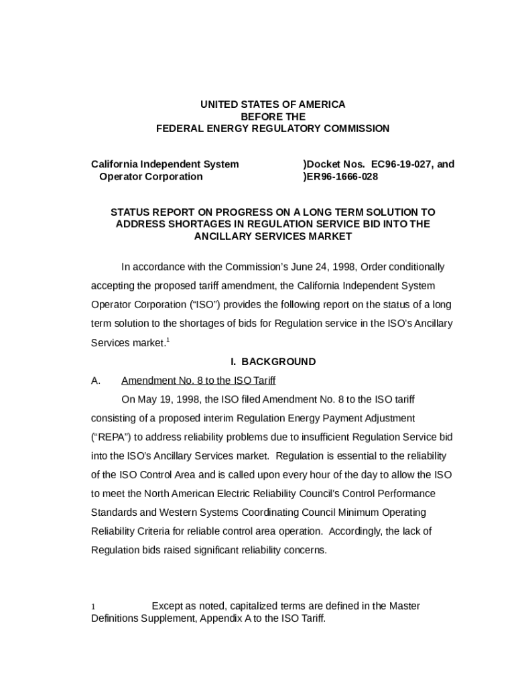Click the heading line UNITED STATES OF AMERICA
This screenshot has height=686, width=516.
coord(273,105)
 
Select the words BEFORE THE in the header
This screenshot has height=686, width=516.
coord(273,117)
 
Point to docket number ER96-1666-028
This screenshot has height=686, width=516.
coord(342,177)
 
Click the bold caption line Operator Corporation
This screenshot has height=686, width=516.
coord(150,177)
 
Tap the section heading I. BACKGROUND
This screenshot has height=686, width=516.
coord(273,362)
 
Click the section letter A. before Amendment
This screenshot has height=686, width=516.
coord(95,381)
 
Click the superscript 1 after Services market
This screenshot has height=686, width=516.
coord(168,340)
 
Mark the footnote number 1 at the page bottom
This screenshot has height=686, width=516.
coord(93,607)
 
